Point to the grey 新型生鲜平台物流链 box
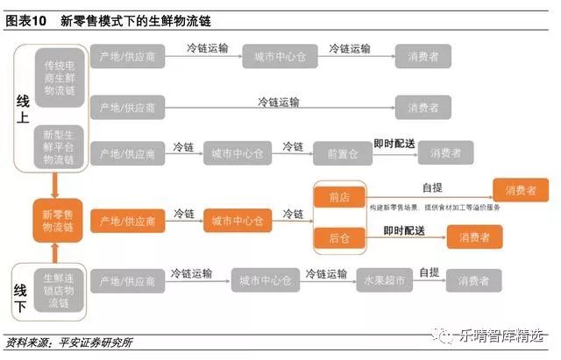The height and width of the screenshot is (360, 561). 60,147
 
